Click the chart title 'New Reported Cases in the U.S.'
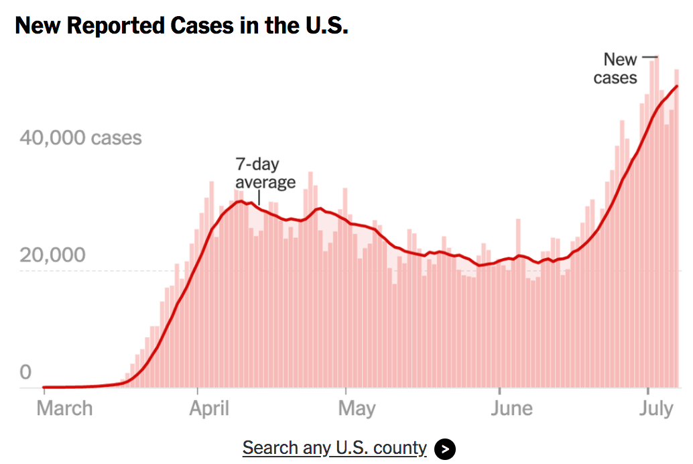181,26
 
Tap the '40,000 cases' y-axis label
80,138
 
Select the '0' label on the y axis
25,372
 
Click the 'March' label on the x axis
64,408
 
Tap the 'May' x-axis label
357,408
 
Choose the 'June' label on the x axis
511,408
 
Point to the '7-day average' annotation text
265,173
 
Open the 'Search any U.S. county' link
334,447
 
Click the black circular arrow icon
445,449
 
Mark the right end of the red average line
677,86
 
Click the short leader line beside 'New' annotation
649,58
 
